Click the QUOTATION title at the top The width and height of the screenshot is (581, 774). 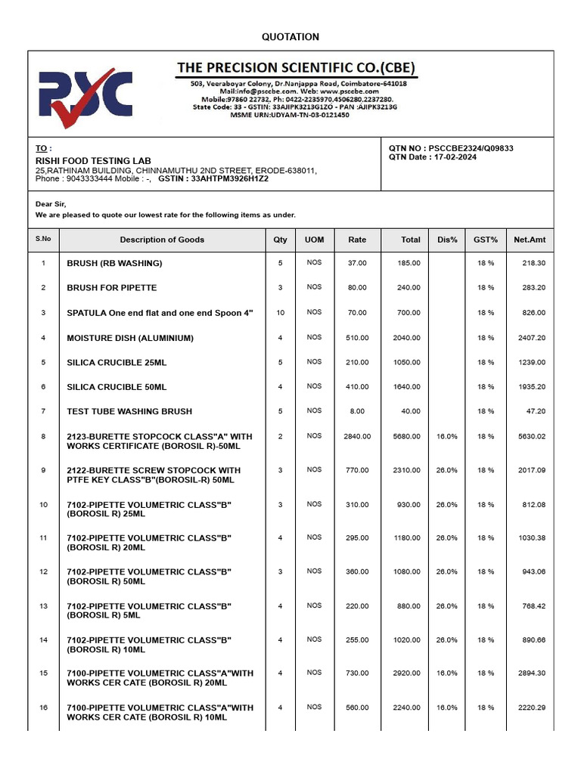pyautogui.click(x=290, y=37)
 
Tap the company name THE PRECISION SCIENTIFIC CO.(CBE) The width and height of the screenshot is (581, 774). pyautogui.click(x=296, y=68)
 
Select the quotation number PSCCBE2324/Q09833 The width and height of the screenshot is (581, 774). pyautogui.click(x=471, y=148)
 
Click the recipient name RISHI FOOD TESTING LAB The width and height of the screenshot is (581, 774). pyautogui.click(x=93, y=161)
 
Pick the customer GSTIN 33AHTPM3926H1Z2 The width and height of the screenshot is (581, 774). pyautogui.click(x=230, y=179)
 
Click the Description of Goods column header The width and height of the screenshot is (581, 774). pyautogui.click(x=162, y=240)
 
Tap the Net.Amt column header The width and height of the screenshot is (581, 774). pyautogui.click(x=530, y=240)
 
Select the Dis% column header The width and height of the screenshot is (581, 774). pyautogui.click(x=447, y=240)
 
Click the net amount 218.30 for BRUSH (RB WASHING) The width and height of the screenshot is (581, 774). pyautogui.click(x=533, y=263)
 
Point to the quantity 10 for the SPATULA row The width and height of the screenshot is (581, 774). pyautogui.click(x=281, y=312)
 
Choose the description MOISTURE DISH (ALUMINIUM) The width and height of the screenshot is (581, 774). pyautogui.click(x=130, y=338)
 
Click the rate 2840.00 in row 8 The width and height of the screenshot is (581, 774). pyautogui.click(x=357, y=436)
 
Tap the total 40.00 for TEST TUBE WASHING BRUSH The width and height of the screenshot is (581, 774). pyautogui.click(x=411, y=411)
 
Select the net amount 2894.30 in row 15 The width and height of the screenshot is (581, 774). pyautogui.click(x=530, y=673)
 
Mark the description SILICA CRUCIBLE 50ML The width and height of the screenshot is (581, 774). pyautogui.click(x=117, y=387)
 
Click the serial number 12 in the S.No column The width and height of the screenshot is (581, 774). pyautogui.click(x=43, y=571)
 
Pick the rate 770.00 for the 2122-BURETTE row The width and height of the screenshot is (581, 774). pyautogui.click(x=357, y=470)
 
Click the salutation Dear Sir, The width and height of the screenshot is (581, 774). pyautogui.click(x=51, y=204)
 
